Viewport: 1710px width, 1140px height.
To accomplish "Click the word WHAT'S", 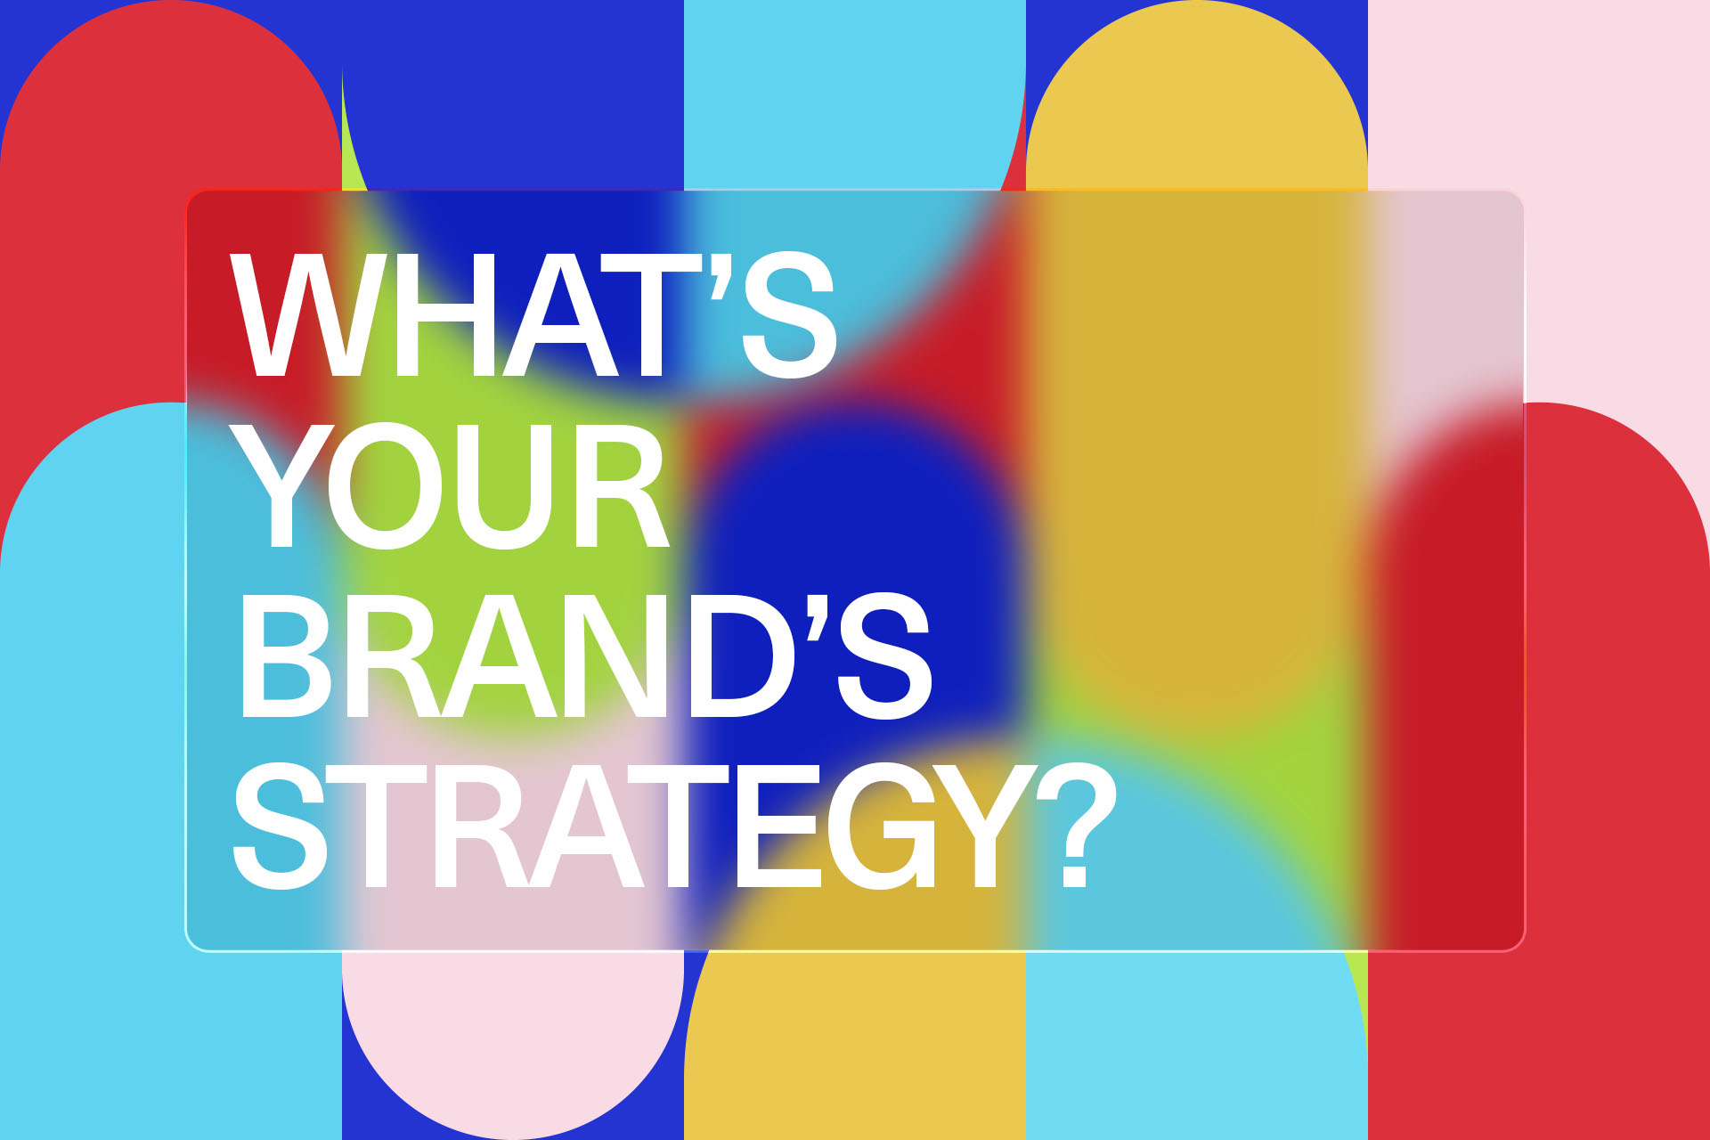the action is click(533, 314).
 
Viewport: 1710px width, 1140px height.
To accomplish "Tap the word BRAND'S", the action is click(583, 655).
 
